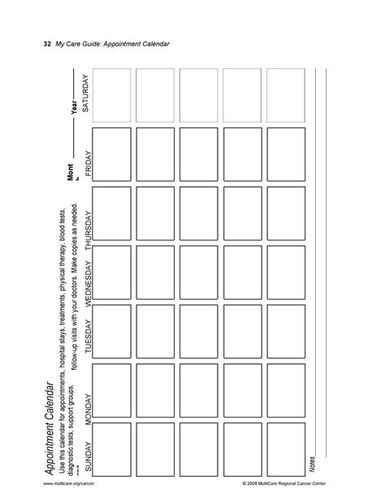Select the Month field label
[72, 173]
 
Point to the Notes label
[311, 464]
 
